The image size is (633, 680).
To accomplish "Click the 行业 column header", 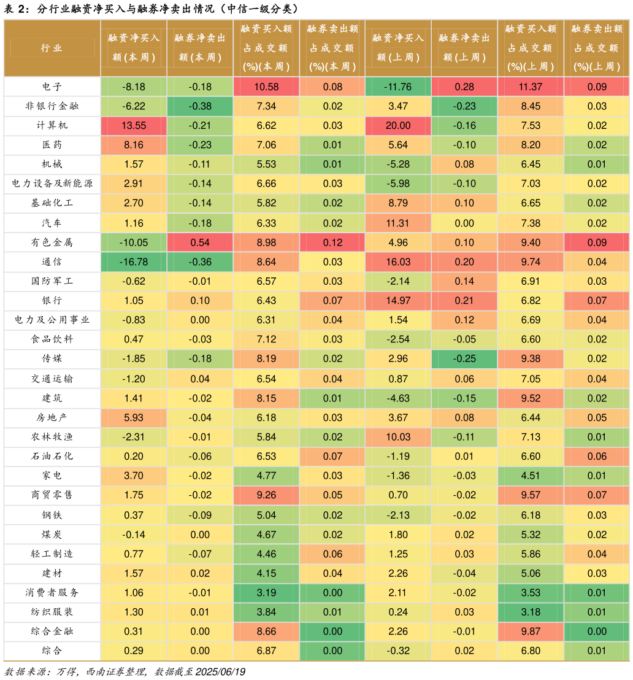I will (52, 48).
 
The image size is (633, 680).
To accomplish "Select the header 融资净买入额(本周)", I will (134, 48).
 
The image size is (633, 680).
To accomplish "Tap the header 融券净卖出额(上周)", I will (464, 48).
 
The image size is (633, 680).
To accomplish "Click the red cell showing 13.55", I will (134, 126).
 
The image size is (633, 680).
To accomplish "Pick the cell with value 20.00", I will (398, 126).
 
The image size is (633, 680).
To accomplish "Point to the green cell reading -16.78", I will (134, 262).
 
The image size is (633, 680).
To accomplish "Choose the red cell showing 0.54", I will (200, 242).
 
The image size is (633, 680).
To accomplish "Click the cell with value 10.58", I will (266, 87).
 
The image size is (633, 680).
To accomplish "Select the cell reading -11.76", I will (398, 87).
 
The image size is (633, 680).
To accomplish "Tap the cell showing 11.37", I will (531, 87).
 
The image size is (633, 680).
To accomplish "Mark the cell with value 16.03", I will (398, 262).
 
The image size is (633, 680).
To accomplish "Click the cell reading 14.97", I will (398, 301).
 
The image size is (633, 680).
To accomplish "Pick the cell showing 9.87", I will (531, 632).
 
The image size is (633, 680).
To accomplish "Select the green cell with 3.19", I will (266, 593).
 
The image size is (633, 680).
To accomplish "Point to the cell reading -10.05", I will (134, 242).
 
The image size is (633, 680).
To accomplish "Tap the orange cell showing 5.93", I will (134, 418).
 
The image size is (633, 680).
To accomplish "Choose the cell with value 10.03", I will (398, 437).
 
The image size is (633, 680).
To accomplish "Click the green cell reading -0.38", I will (200, 106).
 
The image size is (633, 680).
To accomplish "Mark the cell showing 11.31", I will (398, 223).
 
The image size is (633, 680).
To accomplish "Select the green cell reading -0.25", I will (464, 359).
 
